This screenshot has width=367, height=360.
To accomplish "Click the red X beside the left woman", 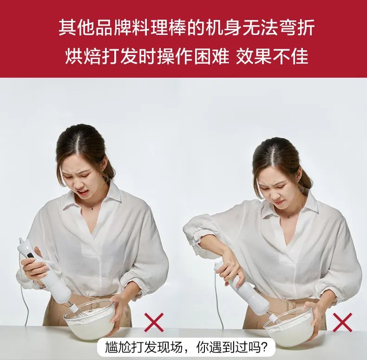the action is [x=154, y=322].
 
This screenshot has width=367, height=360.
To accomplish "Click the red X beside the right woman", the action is [x=342, y=322].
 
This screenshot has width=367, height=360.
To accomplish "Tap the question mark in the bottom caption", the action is [x=264, y=347].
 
